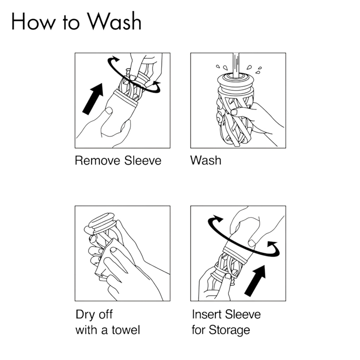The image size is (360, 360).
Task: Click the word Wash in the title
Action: [x=115, y=21]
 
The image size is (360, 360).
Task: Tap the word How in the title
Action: [x=33, y=21]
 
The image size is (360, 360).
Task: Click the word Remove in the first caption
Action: [x=98, y=160]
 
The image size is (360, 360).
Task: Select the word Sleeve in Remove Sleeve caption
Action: [x=143, y=160]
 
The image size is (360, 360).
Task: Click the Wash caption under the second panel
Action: [x=206, y=160]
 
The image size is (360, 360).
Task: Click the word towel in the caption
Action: [x=126, y=330]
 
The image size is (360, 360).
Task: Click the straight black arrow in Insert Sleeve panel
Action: [x=255, y=280]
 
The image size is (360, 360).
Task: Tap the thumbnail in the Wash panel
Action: [x=234, y=112]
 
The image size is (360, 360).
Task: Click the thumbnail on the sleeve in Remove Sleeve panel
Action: [x=109, y=111]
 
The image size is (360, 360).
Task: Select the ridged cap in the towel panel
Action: [x=102, y=221]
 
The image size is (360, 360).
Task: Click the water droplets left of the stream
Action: [x=222, y=67]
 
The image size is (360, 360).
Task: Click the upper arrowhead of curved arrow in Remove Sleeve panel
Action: [x=114, y=59]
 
